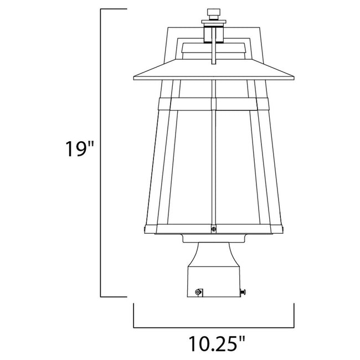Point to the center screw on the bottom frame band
tap(213, 227)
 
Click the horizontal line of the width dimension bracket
tap(213, 326)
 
